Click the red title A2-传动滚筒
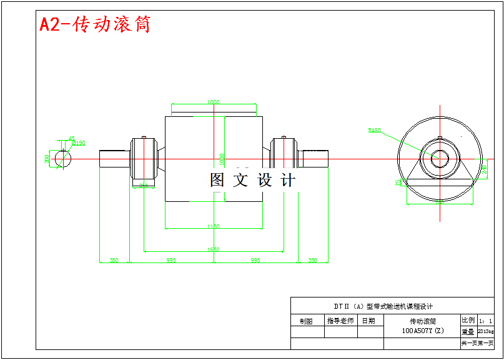pyautogui.click(x=95, y=24)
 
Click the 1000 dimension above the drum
pyautogui.click(x=214, y=102)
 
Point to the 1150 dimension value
pyautogui.click(x=214, y=227)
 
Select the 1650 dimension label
pyautogui.click(x=214, y=249)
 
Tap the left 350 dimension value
pyautogui.click(x=114, y=260)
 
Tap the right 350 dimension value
pyautogui.click(x=313, y=260)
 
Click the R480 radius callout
pyautogui.click(x=375, y=130)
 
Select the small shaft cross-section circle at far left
pyautogui.click(x=62, y=159)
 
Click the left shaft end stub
pyautogui.click(x=114, y=159)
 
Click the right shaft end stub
pyautogui.click(x=314, y=159)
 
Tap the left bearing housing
pyautogui.click(x=144, y=160)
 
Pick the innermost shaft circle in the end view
pyautogui.click(x=440, y=159)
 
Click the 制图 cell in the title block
pyautogui.click(x=306, y=321)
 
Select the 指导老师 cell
pyautogui.click(x=340, y=321)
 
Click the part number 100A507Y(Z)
pyautogui.click(x=422, y=331)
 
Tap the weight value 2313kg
pyautogui.click(x=486, y=332)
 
